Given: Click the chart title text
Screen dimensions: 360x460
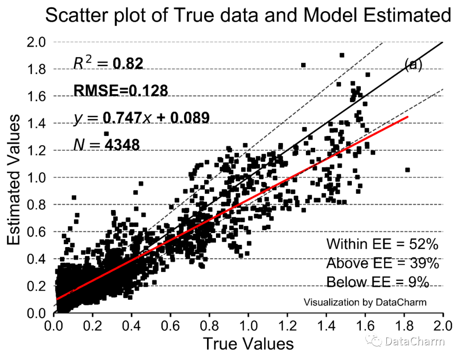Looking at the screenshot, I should click(x=248, y=16).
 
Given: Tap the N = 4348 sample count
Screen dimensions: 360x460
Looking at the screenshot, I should click(x=106, y=144).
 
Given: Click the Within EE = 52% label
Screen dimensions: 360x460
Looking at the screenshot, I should click(x=382, y=244).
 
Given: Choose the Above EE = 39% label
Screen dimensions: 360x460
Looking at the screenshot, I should click(x=382, y=263).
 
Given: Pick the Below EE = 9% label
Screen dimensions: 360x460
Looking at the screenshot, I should click(x=377, y=282).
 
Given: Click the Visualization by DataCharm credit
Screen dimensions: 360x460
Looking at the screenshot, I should click(x=365, y=302).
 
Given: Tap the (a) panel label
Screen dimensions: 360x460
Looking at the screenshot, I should click(x=413, y=64).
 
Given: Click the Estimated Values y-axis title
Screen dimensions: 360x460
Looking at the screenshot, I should click(x=15, y=179).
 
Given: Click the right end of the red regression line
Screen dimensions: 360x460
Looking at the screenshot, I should click(x=408, y=117).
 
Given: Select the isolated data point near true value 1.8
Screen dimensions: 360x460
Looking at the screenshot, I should click(x=407, y=170).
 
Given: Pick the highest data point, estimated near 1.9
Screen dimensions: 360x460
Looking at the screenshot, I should click(x=342, y=55).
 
